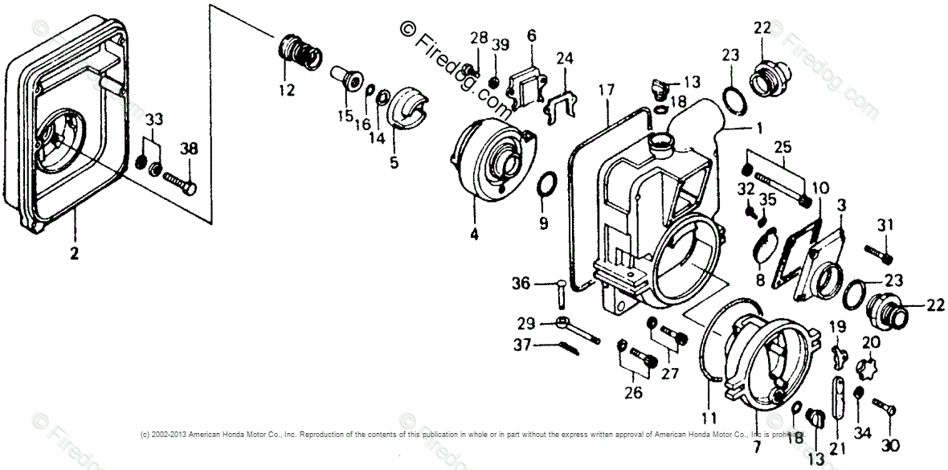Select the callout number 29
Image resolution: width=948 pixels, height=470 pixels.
pyautogui.click(x=525, y=323)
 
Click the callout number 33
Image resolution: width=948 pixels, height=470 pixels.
pyautogui.click(x=153, y=120)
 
